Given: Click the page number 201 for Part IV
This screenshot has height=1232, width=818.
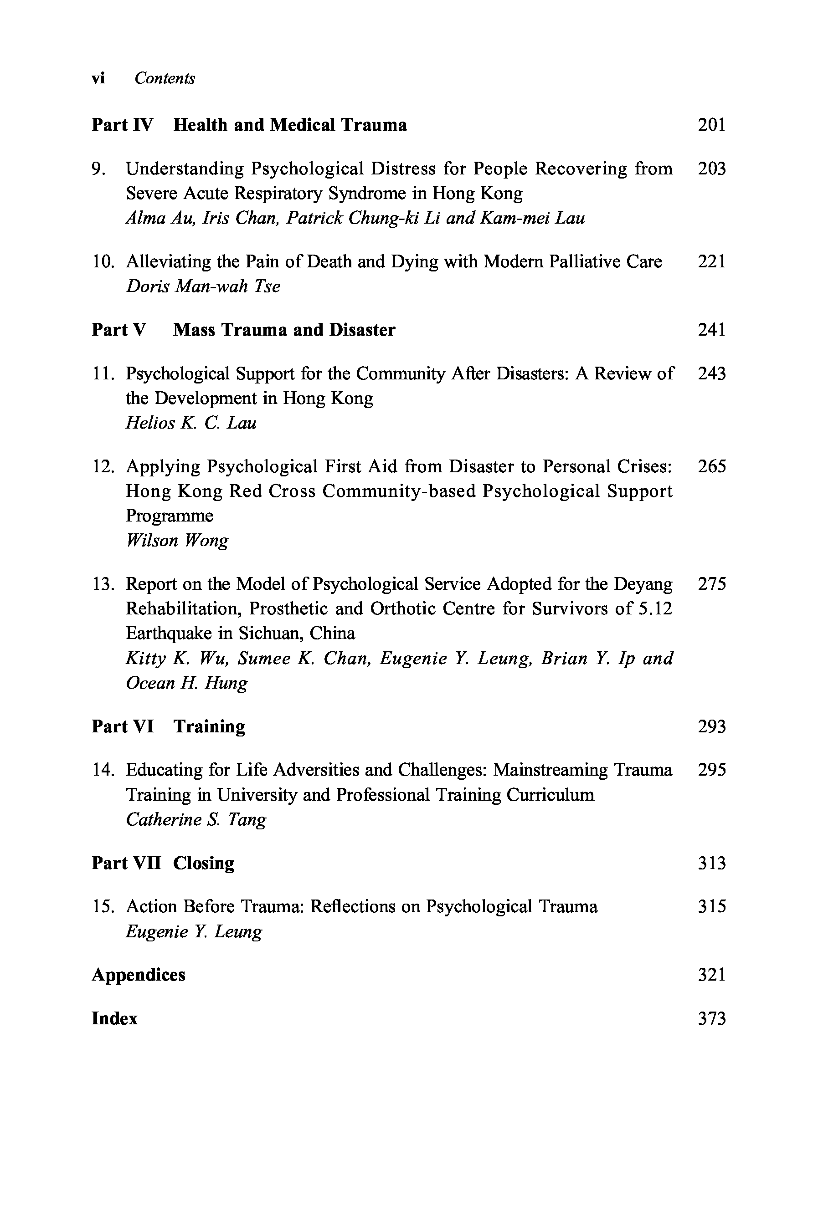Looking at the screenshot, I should point(711,125).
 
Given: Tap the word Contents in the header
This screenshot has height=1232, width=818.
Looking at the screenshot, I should point(165,78).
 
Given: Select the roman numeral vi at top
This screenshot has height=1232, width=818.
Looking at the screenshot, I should point(98,78).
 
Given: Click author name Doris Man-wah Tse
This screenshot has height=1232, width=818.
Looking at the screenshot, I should point(203,286).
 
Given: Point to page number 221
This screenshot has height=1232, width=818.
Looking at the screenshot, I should point(711,261).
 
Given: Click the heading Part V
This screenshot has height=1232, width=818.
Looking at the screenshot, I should point(119,330).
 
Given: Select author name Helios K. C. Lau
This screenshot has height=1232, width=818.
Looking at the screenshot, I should point(191,423).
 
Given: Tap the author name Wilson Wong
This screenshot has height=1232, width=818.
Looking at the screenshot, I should point(177,541).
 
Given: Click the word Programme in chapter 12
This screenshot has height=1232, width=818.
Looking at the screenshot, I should point(170,516).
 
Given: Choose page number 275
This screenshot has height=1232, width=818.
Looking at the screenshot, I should point(711,584).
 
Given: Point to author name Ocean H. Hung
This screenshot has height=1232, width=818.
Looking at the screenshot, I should point(186,683).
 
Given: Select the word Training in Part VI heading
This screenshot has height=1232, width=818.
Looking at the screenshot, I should point(209,726).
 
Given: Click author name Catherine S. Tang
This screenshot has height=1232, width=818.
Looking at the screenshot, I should point(195,820).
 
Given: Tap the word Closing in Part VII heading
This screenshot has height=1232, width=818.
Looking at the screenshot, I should point(203,864).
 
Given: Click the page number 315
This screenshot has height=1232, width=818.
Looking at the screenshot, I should point(711,907).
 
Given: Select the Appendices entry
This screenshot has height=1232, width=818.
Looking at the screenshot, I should point(138,975).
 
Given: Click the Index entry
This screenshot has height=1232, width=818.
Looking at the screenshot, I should point(114,1018).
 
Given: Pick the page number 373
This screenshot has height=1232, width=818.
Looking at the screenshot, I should point(711,1018).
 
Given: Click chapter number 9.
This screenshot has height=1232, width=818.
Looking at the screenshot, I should point(98,169).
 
